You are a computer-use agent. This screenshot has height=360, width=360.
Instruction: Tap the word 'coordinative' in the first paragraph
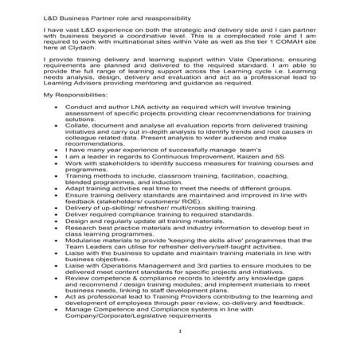(152, 37)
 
